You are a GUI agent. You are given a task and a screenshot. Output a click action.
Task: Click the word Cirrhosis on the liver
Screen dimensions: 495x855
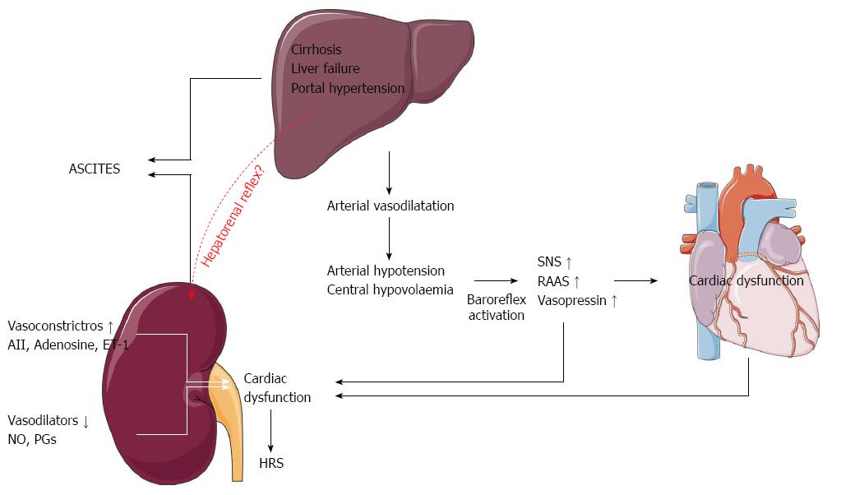[316, 49]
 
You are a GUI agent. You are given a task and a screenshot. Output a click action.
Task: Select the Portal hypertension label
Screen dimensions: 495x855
[348, 88]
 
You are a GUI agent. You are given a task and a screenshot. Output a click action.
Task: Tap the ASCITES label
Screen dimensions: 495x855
[95, 169]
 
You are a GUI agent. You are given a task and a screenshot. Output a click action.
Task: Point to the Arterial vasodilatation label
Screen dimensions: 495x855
[390, 206]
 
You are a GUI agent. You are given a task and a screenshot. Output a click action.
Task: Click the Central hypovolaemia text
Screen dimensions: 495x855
[389, 289]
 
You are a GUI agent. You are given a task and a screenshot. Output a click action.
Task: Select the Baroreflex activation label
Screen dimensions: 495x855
[496, 307]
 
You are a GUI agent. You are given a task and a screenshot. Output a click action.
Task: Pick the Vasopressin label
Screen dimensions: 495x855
[577, 301]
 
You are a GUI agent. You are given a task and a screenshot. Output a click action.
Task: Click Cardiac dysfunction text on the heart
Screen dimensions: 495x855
[746, 280]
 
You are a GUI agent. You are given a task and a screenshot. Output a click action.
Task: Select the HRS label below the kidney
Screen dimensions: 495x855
[270, 464]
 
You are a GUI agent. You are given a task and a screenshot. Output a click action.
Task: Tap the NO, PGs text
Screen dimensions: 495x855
[32, 439]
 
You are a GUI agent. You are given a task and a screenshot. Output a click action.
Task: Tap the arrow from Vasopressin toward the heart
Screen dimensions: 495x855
[641, 281]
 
